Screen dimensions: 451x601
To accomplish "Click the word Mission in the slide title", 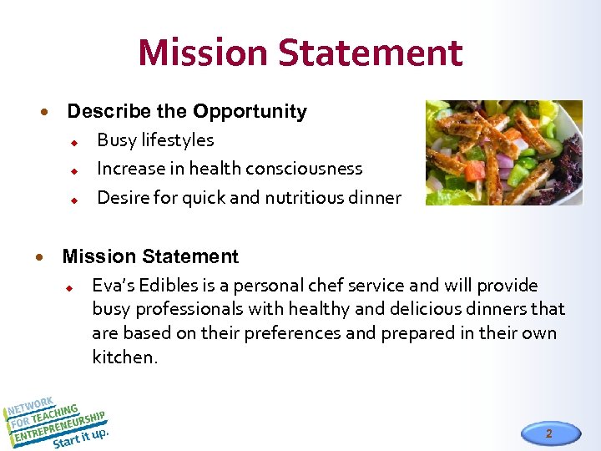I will point(203,52).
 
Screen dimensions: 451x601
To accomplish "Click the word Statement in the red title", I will point(371,52).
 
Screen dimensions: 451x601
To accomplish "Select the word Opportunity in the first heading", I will point(250,111).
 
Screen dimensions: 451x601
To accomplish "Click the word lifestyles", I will point(177,140).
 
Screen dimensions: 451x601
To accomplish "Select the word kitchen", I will point(123,357).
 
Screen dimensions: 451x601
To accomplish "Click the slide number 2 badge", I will point(548,433).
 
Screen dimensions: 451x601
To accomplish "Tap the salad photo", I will point(503,152).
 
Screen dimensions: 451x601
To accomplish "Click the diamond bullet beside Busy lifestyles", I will point(73,141).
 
